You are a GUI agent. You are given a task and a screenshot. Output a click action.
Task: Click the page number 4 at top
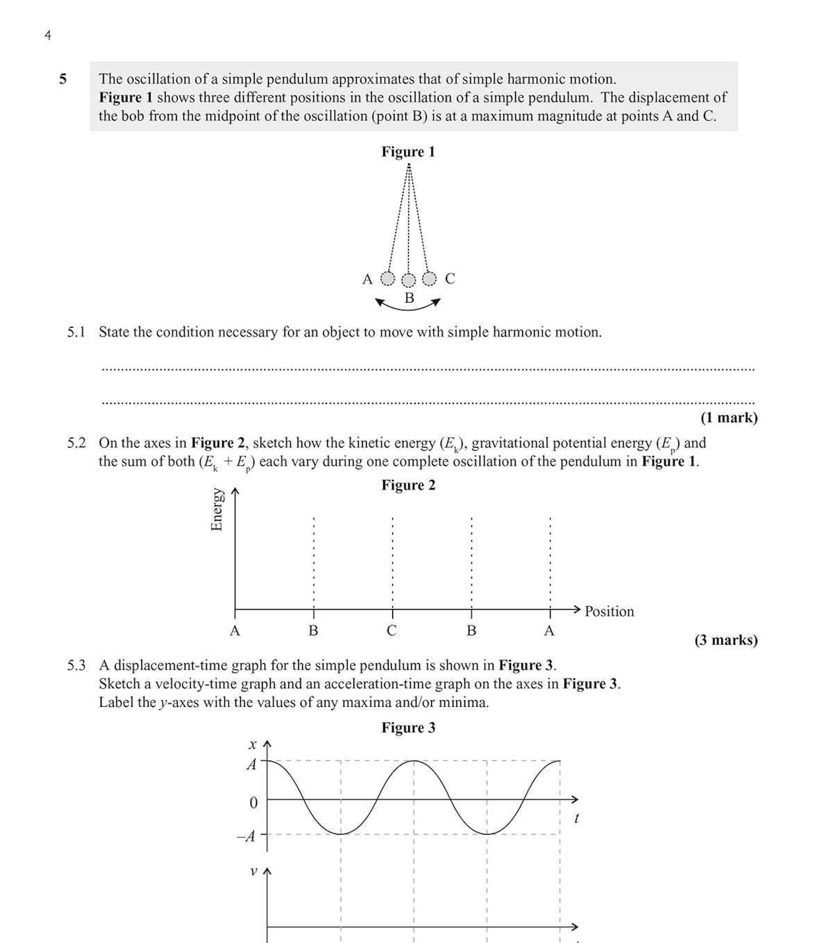point(47,35)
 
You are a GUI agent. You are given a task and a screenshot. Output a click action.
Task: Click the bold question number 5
point(63,79)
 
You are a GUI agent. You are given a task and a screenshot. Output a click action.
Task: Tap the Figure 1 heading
point(408,152)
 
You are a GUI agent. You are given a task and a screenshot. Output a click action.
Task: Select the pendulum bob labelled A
point(388,279)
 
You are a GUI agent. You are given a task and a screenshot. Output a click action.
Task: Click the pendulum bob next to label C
point(430,279)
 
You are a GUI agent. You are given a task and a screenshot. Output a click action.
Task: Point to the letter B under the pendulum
point(409,299)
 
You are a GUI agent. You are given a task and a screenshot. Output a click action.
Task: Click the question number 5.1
point(76,333)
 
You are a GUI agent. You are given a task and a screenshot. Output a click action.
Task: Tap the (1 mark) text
point(728,418)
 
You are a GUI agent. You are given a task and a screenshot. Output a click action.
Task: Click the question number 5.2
point(76,443)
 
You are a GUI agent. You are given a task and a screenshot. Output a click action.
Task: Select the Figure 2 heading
point(408,485)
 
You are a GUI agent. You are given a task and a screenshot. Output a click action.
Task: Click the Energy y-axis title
point(217,510)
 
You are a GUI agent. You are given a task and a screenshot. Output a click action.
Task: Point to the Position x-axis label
point(609,612)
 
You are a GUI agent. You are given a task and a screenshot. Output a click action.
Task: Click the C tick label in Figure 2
point(392,631)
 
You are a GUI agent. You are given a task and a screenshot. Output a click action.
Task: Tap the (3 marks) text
point(725,640)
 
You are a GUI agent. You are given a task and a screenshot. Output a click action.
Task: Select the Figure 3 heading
point(408,728)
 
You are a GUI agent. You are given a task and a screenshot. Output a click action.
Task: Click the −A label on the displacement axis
point(246,836)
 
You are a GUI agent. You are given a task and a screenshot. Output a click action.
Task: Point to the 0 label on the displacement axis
point(253,803)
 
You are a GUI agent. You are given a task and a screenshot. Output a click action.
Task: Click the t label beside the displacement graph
point(576,819)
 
